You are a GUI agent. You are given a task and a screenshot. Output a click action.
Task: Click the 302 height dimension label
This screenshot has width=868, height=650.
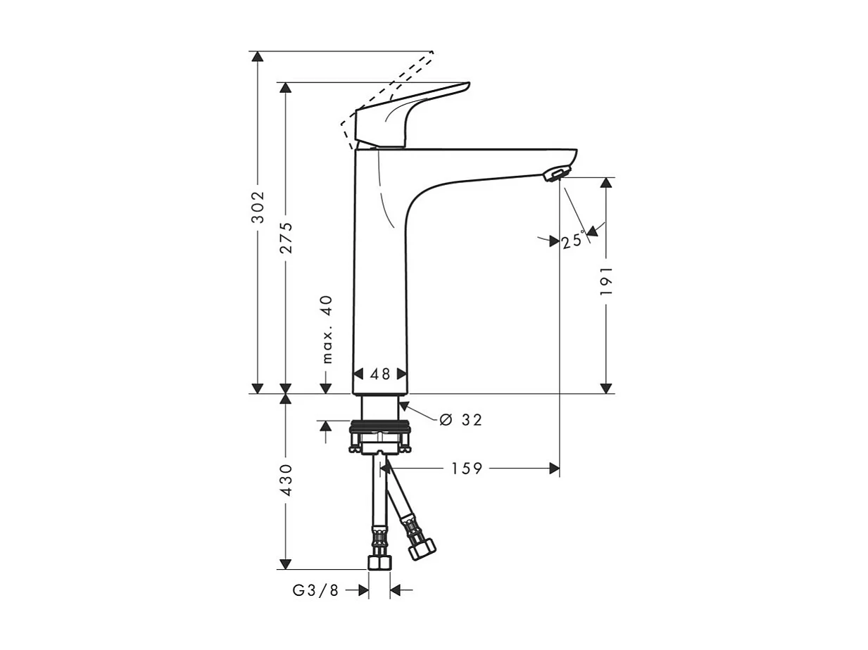[x=258, y=207]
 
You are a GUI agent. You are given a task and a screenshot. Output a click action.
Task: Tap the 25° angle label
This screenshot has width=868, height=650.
[x=573, y=241]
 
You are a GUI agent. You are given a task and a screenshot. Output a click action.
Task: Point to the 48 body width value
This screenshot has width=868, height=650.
[x=380, y=374]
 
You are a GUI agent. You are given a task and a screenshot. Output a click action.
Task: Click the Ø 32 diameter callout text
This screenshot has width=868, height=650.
[x=461, y=420]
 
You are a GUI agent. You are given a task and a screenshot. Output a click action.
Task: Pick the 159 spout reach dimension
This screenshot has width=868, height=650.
[x=467, y=469]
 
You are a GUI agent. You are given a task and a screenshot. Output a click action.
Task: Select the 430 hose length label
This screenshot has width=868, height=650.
[x=286, y=480]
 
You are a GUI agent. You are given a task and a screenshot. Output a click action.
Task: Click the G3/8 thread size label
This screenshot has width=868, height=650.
[x=316, y=591]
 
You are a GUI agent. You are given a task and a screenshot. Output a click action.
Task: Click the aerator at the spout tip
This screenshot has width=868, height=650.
[x=555, y=174]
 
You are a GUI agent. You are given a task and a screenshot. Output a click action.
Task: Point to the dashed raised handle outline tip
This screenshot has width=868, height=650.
[x=431, y=53]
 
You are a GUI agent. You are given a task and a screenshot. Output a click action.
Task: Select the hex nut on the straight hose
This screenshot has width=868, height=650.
[x=379, y=561]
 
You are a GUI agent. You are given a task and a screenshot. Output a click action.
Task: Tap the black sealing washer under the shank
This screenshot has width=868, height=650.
[x=380, y=426]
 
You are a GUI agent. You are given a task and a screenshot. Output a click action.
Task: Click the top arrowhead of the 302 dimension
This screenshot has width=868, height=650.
[x=258, y=57]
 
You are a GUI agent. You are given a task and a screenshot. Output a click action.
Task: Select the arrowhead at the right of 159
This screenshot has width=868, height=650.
[x=554, y=469]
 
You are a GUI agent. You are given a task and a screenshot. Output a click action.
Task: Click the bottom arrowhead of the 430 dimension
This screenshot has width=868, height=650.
[x=285, y=563]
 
